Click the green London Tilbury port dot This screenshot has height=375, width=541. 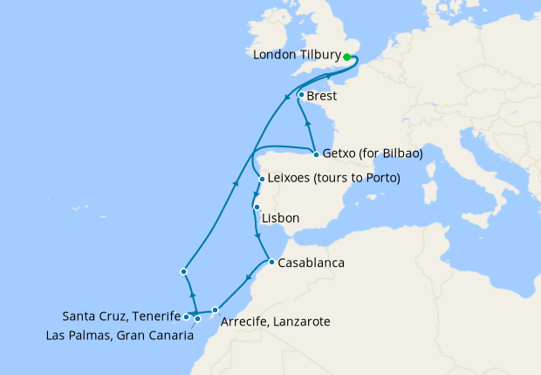pyautogui.click(x=346, y=57)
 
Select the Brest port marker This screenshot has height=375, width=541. pyautogui.click(x=301, y=95)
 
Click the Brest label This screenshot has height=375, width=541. pyautogui.click(x=322, y=96)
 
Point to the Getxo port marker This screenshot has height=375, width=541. pyautogui.click(x=315, y=154)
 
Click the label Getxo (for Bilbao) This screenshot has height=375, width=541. pyautogui.click(x=372, y=153)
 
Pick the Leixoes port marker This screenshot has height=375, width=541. pyautogui.click(x=261, y=181)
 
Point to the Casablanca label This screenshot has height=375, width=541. pyautogui.click(x=310, y=262)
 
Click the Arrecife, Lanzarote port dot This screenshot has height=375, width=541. pyautogui.click(x=215, y=310)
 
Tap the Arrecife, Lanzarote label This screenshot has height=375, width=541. pyautogui.click(x=276, y=322)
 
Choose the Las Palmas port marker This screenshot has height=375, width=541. pyautogui.click(x=198, y=318)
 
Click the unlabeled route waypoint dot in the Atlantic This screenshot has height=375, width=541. pyautogui.click(x=183, y=271)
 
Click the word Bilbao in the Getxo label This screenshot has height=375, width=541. pyautogui.click(x=401, y=153)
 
